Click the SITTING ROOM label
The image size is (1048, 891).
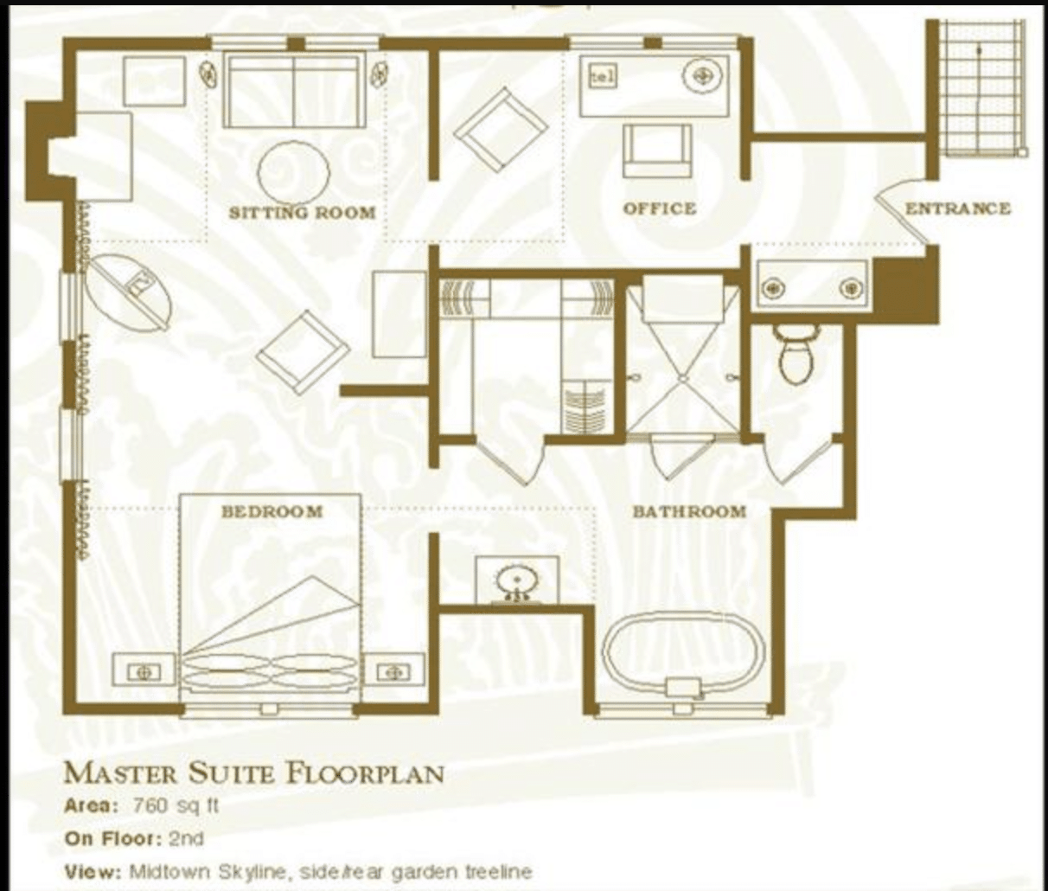coord(302,212)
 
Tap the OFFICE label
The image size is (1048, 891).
coord(660,208)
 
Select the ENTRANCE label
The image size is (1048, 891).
coord(958,208)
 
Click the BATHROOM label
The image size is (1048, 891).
coord(689,511)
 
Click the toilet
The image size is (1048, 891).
coord(796,355)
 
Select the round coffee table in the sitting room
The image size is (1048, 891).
coord(294,173)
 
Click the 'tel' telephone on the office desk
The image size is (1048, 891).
coord(603,78)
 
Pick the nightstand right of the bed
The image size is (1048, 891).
coord(394,671)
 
